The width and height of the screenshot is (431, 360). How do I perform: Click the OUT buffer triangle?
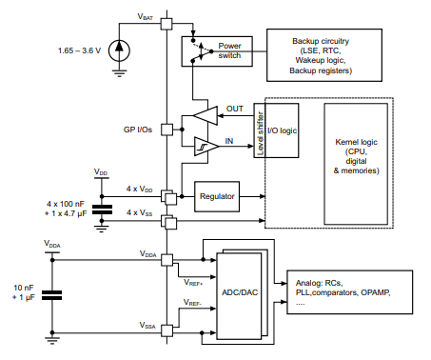point(205,114)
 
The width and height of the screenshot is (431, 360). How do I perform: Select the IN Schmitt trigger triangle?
point(205,146)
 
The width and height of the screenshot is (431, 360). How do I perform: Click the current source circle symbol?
point(117,48)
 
